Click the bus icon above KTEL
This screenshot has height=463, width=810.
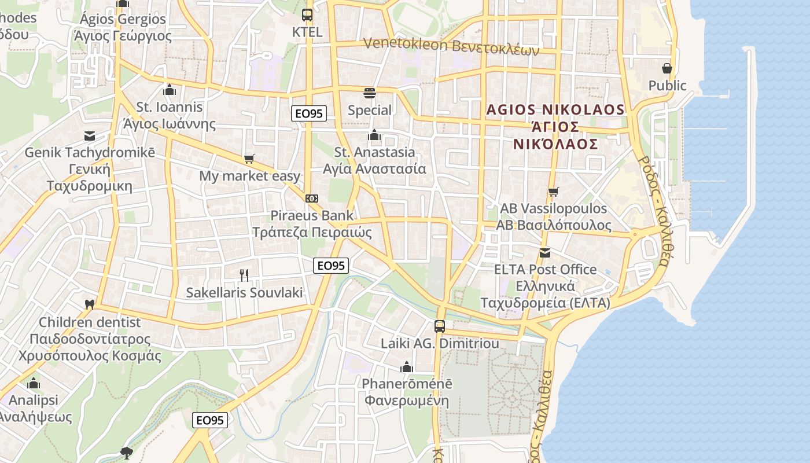tap(307, 15)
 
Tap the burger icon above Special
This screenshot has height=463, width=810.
tap(370, 93)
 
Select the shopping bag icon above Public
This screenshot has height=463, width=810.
tap(667, 68)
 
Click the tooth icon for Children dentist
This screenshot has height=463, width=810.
tap(89, 304)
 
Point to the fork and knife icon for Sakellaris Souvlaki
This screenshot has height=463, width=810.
tap(244, 275)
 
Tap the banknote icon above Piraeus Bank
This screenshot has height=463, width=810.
tap(312, 199)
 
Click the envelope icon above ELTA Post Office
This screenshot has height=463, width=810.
tap(544, 252)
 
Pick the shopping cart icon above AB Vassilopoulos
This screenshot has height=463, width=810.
tap(554, 192)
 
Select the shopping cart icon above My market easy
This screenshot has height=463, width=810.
tap(249, 159)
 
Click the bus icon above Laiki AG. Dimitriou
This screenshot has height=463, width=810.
tap(440, 326)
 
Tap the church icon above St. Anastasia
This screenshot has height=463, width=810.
tap(374, 135)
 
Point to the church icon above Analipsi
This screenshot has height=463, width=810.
tap(34, 383)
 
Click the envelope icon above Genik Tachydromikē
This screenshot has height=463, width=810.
tap(90, 136)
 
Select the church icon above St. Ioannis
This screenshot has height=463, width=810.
tap(169, 90)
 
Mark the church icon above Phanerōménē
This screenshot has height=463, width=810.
tap(407, 367)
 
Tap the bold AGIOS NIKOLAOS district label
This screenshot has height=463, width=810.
tap(555, 110)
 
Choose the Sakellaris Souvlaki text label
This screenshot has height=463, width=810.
tap(244, 293)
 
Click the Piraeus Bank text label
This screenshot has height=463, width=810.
tap(312, 216)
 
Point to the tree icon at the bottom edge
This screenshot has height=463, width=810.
tap(127, 452)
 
